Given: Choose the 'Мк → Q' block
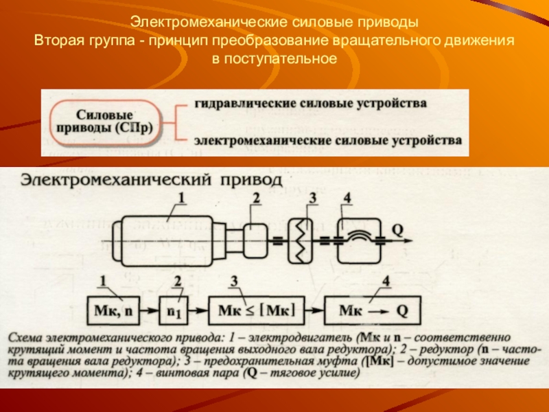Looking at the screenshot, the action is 373,311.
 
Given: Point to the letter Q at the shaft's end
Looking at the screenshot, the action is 397,227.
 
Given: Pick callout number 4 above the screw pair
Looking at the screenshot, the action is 347,198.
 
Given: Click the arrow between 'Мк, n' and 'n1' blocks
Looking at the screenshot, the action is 151,311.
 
